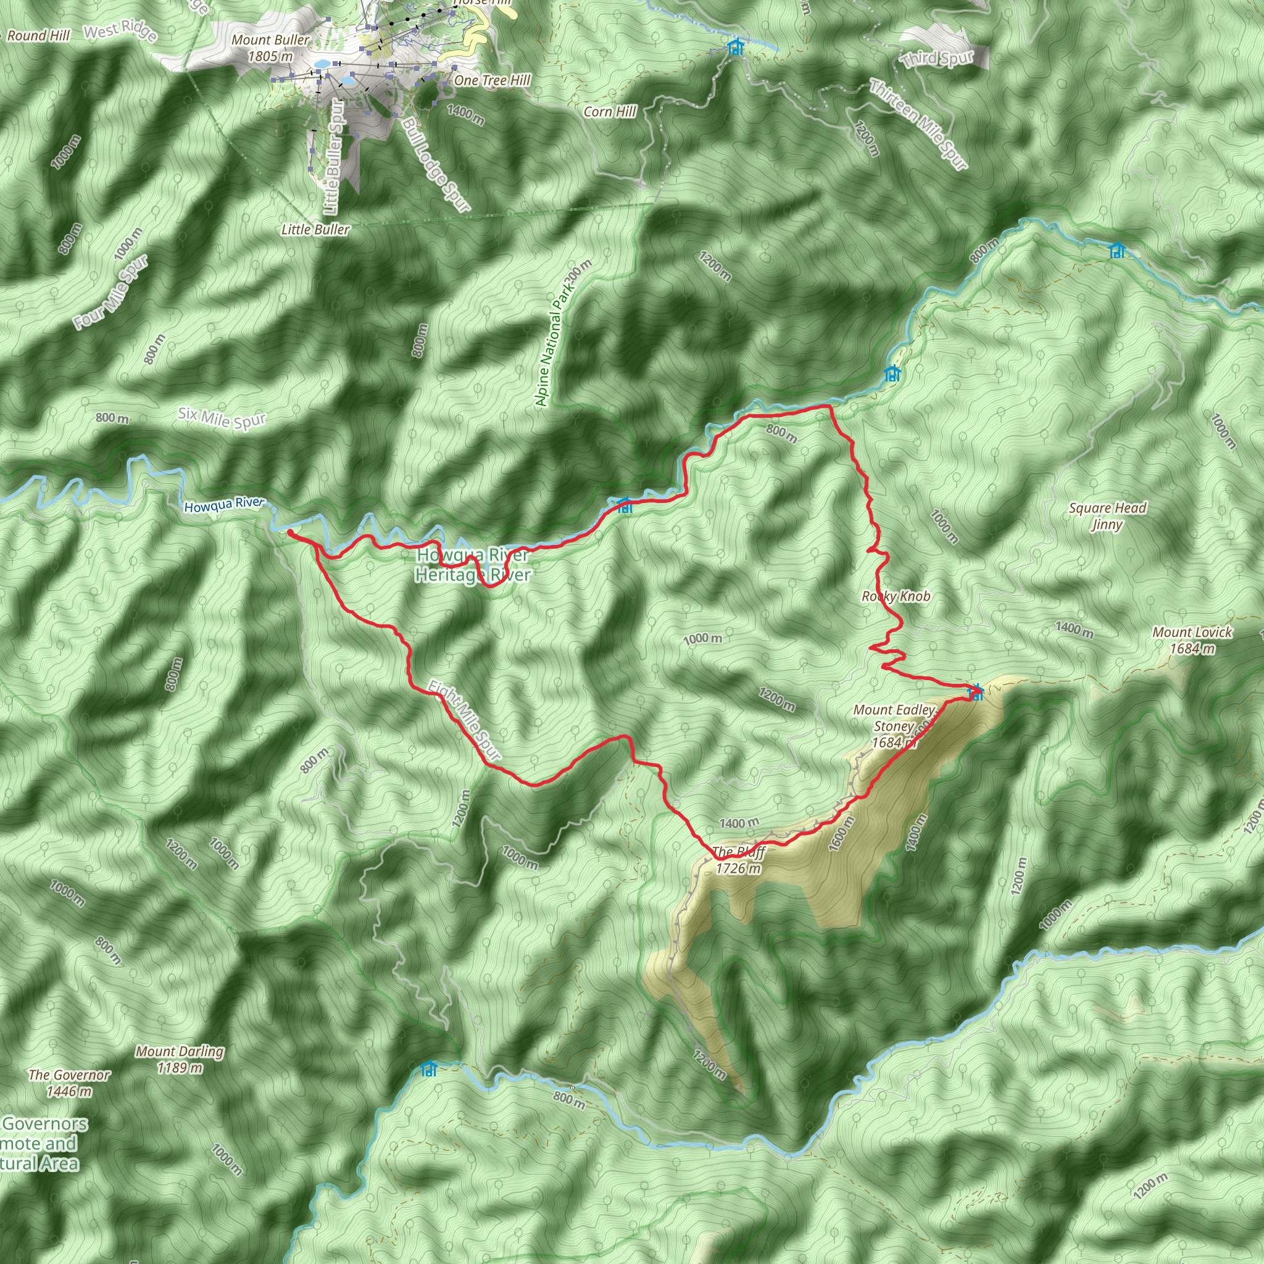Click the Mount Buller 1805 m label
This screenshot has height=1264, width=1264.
pos(270,48)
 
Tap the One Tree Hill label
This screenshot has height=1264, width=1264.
pos(492,80)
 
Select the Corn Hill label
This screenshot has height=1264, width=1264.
pos(610,112)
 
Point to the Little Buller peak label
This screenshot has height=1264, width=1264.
pos(315,230)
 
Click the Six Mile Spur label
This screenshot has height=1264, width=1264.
pos(222,418)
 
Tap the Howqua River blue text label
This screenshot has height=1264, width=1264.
pos(224,505)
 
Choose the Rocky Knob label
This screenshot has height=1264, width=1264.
pos(896,596)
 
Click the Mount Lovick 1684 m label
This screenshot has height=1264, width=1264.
pos(1192,640)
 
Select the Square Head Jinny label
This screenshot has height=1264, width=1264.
pos(1107,516)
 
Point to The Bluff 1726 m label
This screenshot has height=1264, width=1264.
pos(738,860)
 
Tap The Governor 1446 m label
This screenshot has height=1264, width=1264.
pos(69,1083)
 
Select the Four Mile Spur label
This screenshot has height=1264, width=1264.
pos(111,293)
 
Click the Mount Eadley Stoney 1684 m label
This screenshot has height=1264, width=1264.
pos(894,726)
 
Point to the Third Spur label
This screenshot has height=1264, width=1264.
pos(938,59)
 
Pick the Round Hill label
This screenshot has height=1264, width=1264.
pos(38,36)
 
